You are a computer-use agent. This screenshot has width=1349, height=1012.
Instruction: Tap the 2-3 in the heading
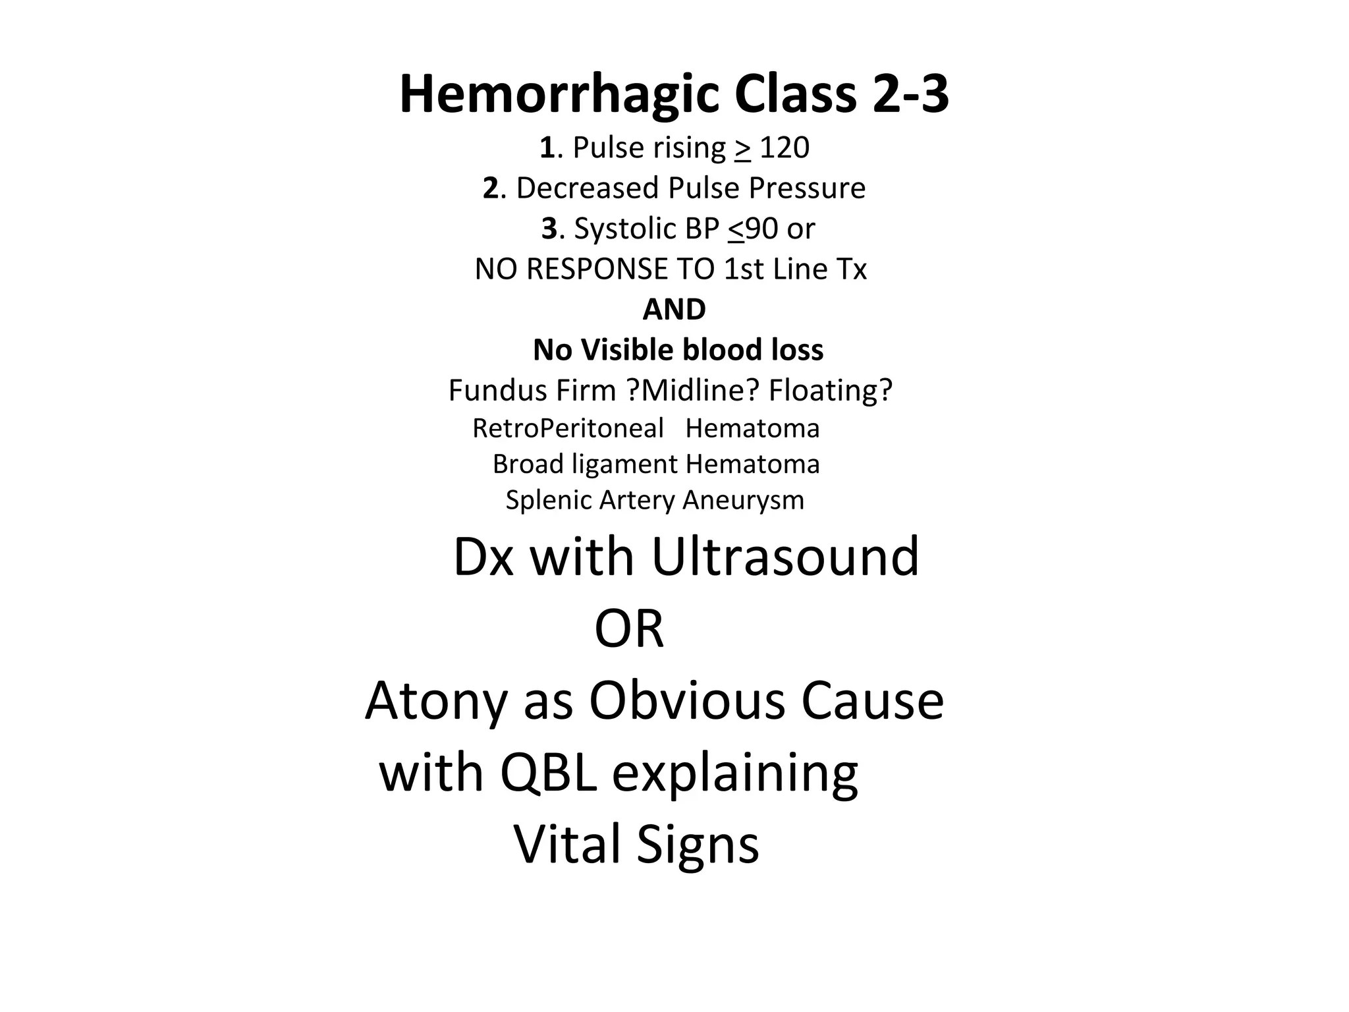point(911,95)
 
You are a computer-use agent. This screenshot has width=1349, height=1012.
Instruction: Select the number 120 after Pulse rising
point(785,148)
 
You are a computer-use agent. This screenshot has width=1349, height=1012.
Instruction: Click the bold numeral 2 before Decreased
point(491,188)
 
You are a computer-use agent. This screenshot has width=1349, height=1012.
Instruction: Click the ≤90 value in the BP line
point(754,229)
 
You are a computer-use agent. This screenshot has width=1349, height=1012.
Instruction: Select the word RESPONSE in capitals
point(588,269)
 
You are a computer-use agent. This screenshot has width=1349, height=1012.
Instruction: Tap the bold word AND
point(674,309)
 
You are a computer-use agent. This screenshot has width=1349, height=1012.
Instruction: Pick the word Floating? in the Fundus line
point(830,390)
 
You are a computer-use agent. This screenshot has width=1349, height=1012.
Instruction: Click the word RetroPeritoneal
point(568,429)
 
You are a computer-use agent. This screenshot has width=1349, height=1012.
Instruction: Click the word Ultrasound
point(785,557)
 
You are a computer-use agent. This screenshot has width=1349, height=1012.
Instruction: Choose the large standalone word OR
point(629,629)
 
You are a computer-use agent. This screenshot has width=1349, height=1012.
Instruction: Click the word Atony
point(435,701)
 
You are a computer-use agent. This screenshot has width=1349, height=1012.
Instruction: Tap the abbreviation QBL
point(548,773)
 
